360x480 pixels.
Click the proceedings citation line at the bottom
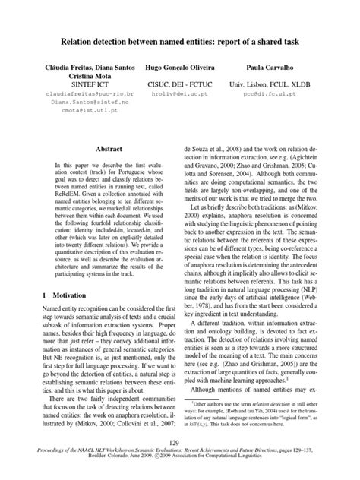coord(180,453)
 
